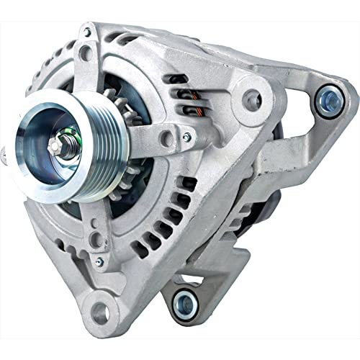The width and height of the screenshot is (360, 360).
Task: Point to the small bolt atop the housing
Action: (x=87, y=32)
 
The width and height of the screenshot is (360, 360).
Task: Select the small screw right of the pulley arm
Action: (x=186, y=136)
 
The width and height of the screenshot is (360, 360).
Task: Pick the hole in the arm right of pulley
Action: (x=168, y=135)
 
